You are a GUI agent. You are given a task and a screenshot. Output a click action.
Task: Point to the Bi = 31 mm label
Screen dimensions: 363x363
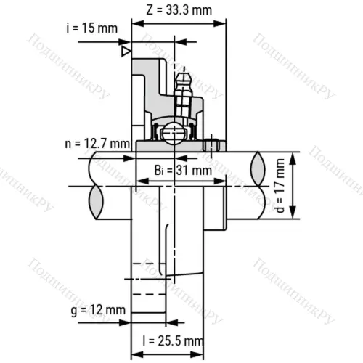coord(184,171)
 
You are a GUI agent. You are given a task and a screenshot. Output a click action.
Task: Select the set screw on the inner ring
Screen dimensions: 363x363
coord(212,145)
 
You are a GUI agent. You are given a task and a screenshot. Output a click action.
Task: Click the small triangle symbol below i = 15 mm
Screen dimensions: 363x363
coord(126,52)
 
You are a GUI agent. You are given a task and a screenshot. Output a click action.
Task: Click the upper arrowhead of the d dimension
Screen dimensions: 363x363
coord(293,158)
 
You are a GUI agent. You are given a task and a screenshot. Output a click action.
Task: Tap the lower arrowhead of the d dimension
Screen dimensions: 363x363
coord(293,216)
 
